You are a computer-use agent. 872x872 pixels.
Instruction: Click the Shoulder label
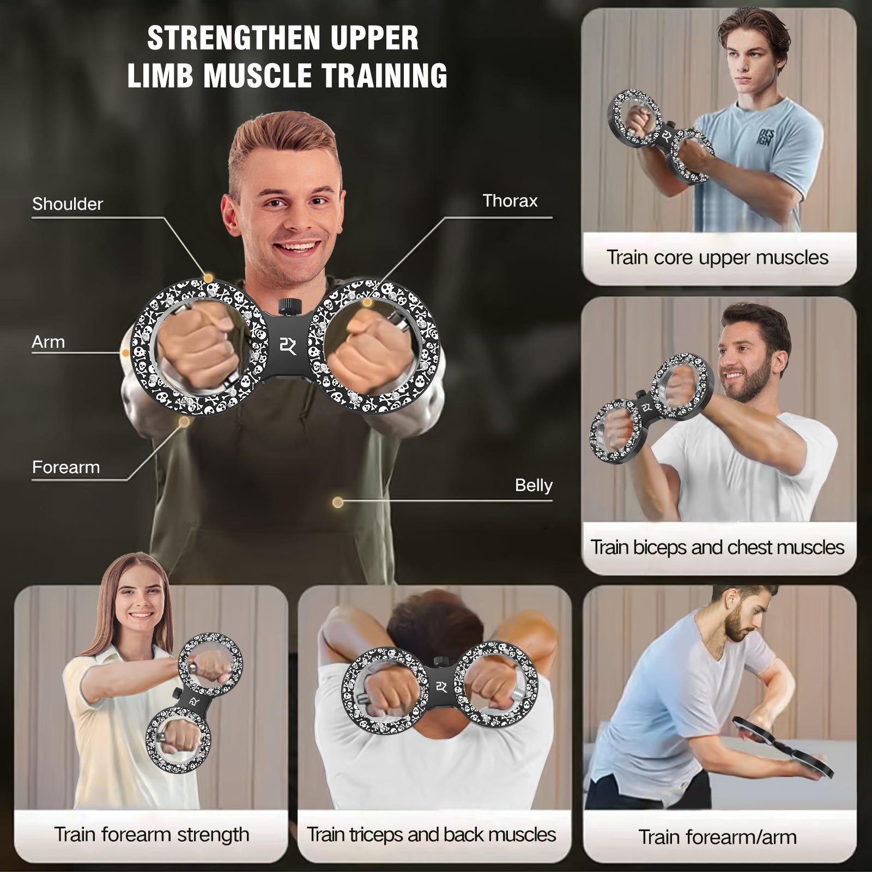(68, 204)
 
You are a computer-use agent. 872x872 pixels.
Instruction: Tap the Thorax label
(510, 201)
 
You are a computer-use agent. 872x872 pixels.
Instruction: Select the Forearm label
(66, 467)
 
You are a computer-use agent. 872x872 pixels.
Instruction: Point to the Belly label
(534, 485)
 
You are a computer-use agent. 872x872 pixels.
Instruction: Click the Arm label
(49, 342)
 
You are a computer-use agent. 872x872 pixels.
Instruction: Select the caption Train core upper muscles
(717, 257)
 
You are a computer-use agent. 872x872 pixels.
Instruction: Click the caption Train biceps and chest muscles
(717, 547)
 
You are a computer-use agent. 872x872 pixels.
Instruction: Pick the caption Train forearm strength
(152, 834)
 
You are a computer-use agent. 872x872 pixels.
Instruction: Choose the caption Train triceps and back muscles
(431, 834)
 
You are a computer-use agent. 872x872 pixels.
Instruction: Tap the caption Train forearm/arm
(717, 837)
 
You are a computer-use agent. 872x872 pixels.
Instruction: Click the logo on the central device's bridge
(288, 346)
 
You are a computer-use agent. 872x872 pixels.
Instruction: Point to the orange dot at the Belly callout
(338, 502)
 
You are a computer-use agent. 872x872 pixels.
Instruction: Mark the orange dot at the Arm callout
(126, 353)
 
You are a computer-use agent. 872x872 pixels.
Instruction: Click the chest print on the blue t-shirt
(764, 136)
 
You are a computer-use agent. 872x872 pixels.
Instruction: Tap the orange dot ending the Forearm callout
(184, 422)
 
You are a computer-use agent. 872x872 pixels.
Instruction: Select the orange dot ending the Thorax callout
(367, 302)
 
